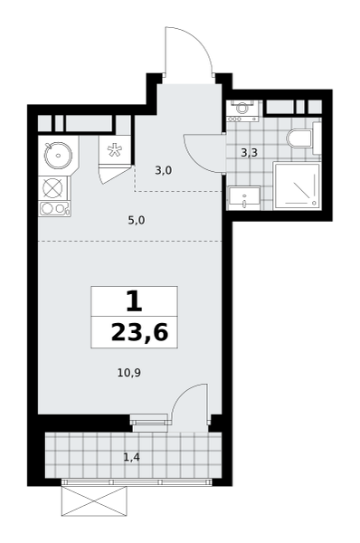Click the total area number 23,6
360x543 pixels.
[x=139, y=333]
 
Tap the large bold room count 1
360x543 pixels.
[x=134, y=301]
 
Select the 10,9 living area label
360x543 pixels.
[x=129, y=373]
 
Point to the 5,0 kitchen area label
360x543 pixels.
[x=137, y=220]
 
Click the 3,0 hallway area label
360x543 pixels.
[x=164, y=170]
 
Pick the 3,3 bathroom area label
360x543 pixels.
[x=250, y=152]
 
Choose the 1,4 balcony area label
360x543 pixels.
[x=131, y=457]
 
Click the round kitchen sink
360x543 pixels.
[x=58, y=156]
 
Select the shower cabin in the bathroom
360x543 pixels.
[x=297, y=186]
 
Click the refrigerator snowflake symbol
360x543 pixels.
[x=115, y=150]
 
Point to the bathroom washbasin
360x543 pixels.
[x=244, y=197]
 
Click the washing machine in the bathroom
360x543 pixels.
[x=243, y=110]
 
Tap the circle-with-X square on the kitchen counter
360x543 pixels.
[x=54, y=188]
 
